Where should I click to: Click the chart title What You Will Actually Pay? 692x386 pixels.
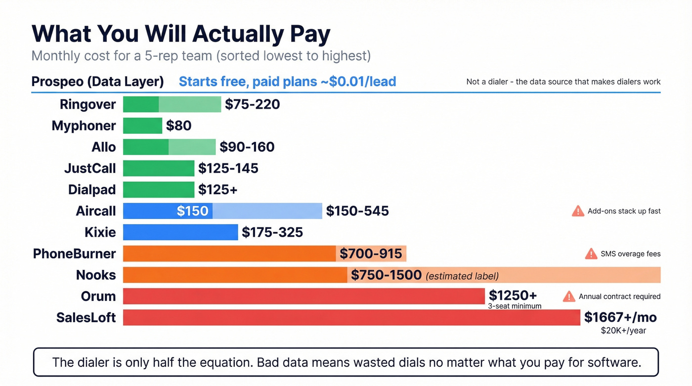(x=181, y=34)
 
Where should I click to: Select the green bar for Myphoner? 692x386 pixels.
(x=142, y=126)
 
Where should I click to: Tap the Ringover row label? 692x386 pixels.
(x=87, y=104)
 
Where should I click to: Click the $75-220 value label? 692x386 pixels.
(x=252, y=104)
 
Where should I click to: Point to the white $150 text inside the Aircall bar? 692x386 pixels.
(x=192, y=211)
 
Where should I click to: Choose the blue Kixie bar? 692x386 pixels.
(x=180, y=232)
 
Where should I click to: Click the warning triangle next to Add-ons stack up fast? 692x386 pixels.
(x=578, y=211)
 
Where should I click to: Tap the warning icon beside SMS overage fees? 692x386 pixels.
(x=591, y=254)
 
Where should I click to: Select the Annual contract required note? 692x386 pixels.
(x=619, y=297)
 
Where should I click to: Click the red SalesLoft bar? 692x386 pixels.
(x=351, y=317)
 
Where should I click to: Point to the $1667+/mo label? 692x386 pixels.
(x=620, y=317)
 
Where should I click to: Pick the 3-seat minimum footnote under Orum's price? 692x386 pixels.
(x=515, y=306)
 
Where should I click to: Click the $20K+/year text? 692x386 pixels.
(x=623, y=330)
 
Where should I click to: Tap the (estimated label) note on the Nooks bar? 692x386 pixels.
(x=462, y=276)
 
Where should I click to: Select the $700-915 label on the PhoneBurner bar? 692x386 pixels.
(x=371, y=254)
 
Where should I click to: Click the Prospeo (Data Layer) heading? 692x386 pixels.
(x=97, y=82)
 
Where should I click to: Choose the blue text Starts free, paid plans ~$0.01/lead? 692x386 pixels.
(x=287, y=82)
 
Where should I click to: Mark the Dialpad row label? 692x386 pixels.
(x=92, y=190)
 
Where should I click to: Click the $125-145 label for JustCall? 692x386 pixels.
(x=228, y=169)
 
